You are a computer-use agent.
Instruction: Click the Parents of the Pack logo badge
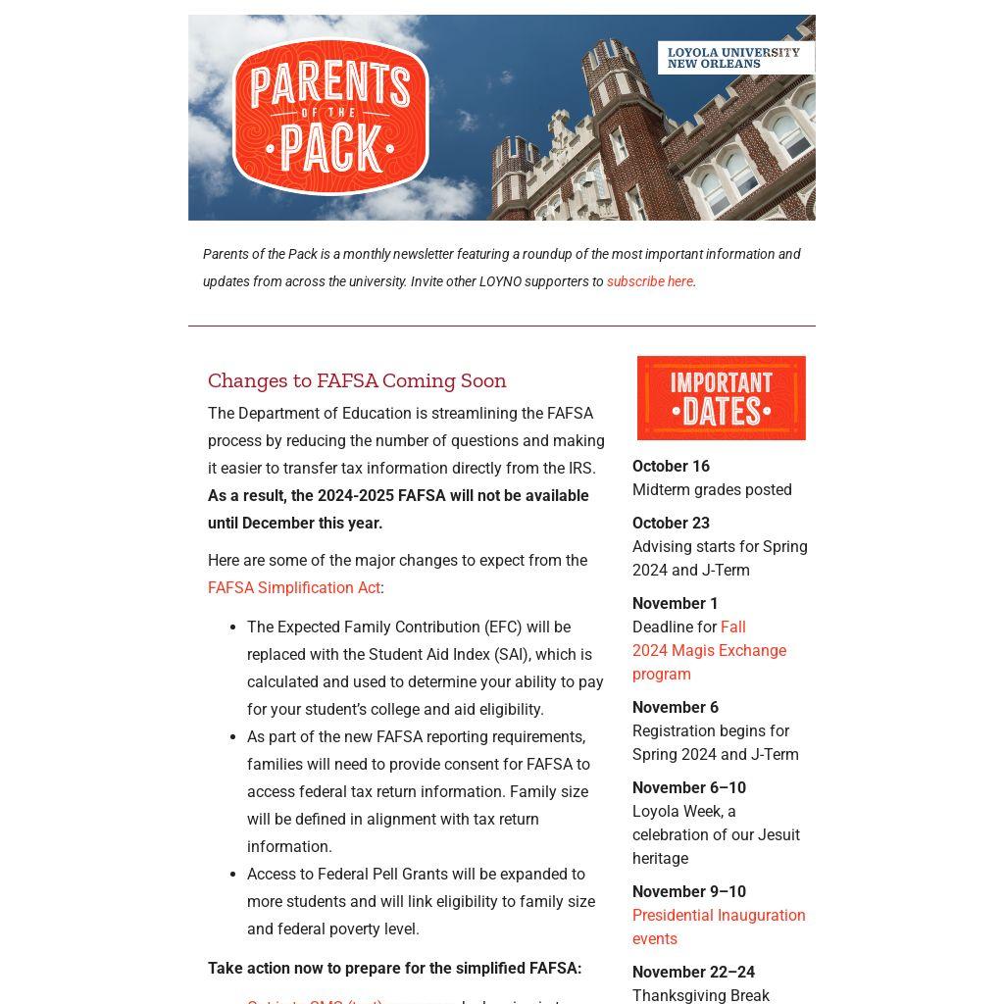pos(330,117)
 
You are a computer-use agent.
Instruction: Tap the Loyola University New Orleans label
pos(734,58)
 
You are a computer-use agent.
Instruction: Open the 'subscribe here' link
pos(650,281)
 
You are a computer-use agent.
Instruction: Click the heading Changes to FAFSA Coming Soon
pos(357,380)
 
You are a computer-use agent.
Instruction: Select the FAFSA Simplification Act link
pos(294,588)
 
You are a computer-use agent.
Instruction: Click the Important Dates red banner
pos(722,398)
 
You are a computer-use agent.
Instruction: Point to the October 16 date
pos(671,467)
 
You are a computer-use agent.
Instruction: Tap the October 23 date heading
pos(671,524)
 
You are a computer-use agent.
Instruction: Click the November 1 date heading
pos(675,604)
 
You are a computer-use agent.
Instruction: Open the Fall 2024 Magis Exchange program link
pos(709,651)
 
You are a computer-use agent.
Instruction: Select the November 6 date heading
pos(675,708)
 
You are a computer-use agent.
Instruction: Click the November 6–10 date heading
pos(688,788)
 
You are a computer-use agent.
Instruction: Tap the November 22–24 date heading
pos(693,973)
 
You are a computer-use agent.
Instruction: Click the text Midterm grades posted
pos(712,490)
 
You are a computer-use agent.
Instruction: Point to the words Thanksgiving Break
pos(700,995)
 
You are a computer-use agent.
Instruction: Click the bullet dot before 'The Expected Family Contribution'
pos(232,627)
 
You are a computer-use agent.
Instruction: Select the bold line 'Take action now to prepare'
pos(394,969)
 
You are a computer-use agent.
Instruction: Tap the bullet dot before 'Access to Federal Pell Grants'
pos(232,875)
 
